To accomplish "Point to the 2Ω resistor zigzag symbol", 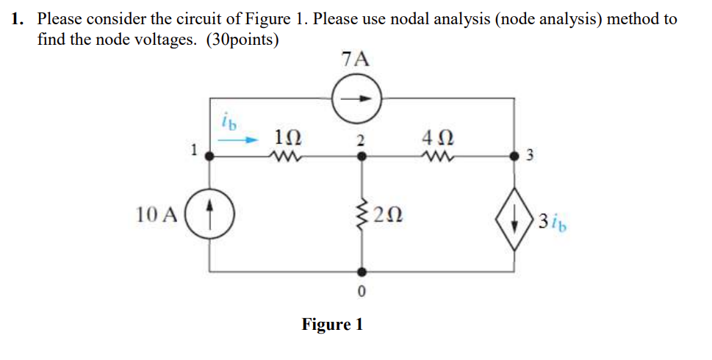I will [360, 215].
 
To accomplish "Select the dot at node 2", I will [360, 156].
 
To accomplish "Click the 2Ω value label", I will [387, 215].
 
